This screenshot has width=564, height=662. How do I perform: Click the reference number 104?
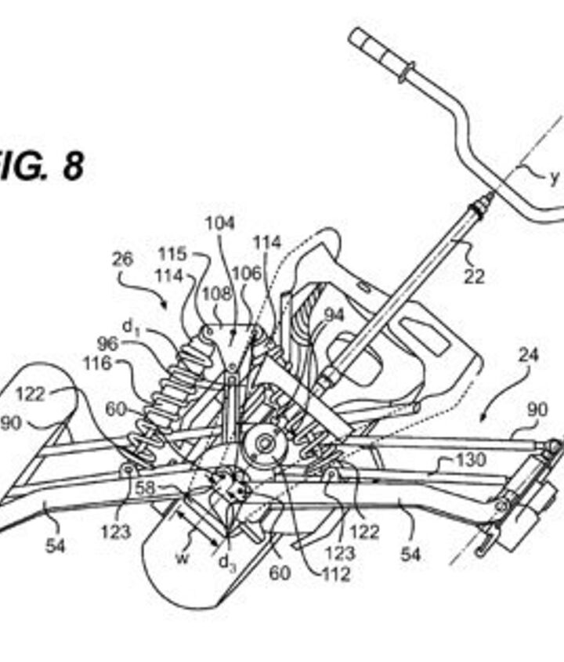(x=220, y=223)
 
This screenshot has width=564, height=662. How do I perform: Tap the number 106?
(x=248, y=274)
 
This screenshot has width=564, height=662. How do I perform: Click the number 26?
(x=122, y=259)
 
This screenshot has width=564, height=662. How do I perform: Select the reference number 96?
(x=107, y=344)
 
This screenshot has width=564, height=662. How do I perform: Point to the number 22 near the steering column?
(x=475, y=275)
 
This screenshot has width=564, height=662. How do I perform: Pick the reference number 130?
(x=470, y=460)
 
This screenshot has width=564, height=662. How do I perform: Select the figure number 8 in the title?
(x=72, y=166)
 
